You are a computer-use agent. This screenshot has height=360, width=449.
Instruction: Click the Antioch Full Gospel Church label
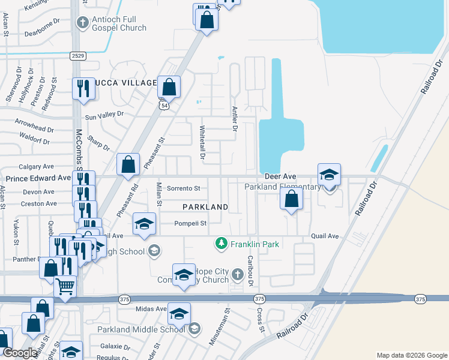(x=119, y=23)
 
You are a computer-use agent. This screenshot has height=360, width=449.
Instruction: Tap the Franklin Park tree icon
(x=221, y=244)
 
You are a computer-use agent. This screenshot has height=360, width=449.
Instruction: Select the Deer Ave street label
(x=281, y=177)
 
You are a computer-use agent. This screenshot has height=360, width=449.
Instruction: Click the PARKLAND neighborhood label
(x=205, y=207)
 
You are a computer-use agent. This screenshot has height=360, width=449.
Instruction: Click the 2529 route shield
(x=77, y=56)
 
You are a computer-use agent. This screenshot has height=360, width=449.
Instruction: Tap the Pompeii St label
(x=190, y=223)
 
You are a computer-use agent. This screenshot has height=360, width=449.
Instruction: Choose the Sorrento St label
(x=183, y=188)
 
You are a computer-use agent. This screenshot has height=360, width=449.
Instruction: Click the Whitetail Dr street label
(x=202, y=142)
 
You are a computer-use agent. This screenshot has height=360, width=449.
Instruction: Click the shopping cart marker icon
(x=65, y=286)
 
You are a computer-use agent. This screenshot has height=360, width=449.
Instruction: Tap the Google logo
(x=20, y=353)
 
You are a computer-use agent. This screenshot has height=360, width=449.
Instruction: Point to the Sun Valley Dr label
(x=104, y=113)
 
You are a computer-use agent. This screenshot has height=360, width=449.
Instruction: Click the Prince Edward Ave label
(x=38, y=178)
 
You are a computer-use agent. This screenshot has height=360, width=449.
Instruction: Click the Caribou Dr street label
(x=251, y=270)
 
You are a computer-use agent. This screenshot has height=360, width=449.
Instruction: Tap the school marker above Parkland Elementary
(x=329, y=175)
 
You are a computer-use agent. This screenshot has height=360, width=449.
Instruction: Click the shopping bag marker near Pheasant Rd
(x=128, y=164)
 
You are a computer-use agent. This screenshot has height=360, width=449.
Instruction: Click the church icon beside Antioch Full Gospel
(x=83, y=23)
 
